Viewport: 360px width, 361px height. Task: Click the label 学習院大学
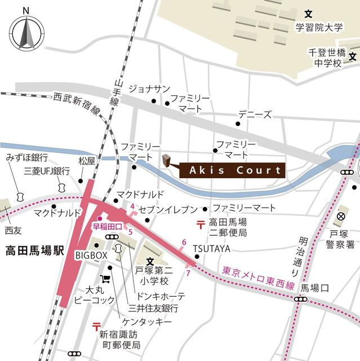coord(318,27)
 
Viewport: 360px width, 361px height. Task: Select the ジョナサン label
coord(149,89)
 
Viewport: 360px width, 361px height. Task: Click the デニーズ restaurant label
coord(255,113)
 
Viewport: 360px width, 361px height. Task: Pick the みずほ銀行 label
coord(28,157)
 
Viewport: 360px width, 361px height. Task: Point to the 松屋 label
coord(87,161)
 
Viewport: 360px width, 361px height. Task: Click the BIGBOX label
coord(91,256)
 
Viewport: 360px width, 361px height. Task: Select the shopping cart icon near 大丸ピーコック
coord(104,279)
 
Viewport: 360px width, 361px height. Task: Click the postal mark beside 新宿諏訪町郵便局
coord(96,326)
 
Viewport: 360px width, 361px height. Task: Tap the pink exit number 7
coord(188,273)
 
